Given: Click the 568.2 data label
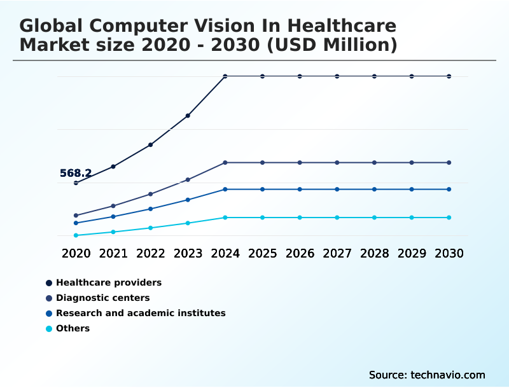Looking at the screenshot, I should [x=76, y=173].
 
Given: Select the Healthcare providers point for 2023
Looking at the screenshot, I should [x=188, y=116].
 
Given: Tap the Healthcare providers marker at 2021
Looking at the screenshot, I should [x=113, y=167].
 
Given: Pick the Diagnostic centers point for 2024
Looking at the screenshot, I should [x=225, y=163].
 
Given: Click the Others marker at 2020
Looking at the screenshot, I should [x=76, y=235].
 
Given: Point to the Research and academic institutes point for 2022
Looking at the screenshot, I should [x=151, y=209].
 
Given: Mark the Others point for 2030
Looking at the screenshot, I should [x=449, y=218].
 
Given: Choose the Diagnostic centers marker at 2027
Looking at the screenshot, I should [x=337, y=163].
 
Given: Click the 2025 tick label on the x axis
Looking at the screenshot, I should [x=262, y=253].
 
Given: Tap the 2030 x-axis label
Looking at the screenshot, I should [x=449, y=253].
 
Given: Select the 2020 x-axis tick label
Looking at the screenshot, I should [x=76, y=253].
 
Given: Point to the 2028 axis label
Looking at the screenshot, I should [x=374, y=253].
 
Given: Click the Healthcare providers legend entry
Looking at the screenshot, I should [x=109, y=282].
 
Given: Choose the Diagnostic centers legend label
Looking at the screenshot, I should [x=103, y=298].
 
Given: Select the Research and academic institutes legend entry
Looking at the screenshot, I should [x=141, y=313].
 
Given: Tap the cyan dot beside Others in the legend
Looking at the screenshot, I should [x=49, y=329].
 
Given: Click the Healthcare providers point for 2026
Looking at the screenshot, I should [x=300, y=76].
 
